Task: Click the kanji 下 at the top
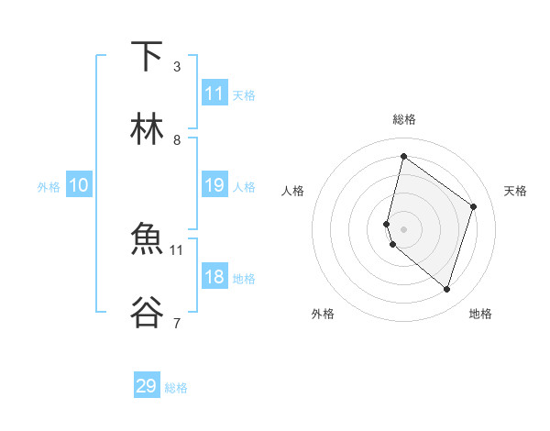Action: (x=147, y=57)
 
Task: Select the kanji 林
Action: (x=147, y=129)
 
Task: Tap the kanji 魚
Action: (x=147, y=239)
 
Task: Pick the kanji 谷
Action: (x=147, y=312)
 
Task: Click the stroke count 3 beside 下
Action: (x=177, y=66)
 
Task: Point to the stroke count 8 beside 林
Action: (x=177, y=139)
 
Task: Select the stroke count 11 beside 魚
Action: (x=177, y=249)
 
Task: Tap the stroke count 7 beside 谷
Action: (x=177, y=322)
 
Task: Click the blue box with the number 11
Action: (x=214, y=94)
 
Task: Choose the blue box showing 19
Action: (x=214, y=185)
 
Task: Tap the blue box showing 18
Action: (x=214, y=277)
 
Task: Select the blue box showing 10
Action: (x=79, y=185)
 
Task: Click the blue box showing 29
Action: (x=147, y=386)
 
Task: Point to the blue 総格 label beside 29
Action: (x=176, y=388)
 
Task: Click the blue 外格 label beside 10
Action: (x=49, y=187)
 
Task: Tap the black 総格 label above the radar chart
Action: (x=403, y=119)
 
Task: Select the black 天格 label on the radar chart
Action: (x=515, y=191)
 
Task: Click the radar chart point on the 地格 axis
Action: (x=446, y=290)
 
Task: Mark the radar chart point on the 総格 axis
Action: (x=403, y=156)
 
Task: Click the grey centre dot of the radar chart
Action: (x=403, y=228)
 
